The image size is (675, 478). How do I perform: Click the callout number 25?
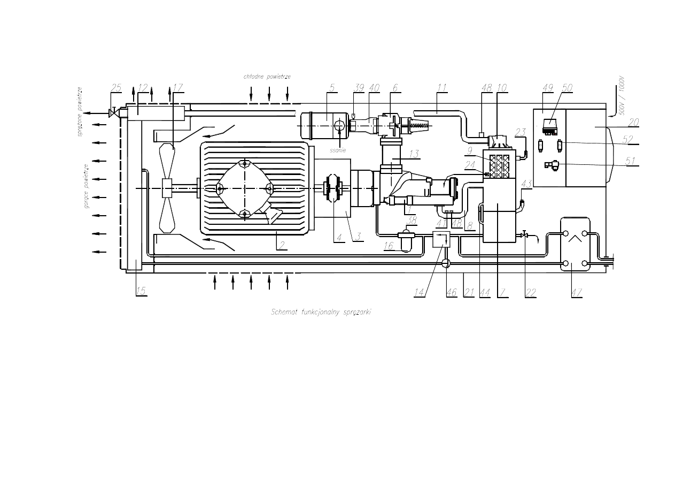click(117, 88)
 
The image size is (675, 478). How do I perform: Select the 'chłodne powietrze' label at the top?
click(267, 77)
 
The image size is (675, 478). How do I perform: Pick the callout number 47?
click(576, 292)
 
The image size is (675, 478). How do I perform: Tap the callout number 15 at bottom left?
click(141, 291)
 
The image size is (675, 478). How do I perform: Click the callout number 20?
click(633, 123)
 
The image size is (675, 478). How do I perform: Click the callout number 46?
click(452, 292)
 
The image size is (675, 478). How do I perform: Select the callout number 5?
click(332, 88)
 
